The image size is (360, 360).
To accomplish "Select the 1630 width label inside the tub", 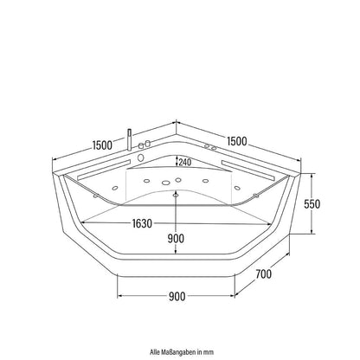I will click(136, 222).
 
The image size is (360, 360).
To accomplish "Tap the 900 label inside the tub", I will click(177, 238).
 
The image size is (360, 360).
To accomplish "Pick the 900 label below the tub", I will click(178, 298).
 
